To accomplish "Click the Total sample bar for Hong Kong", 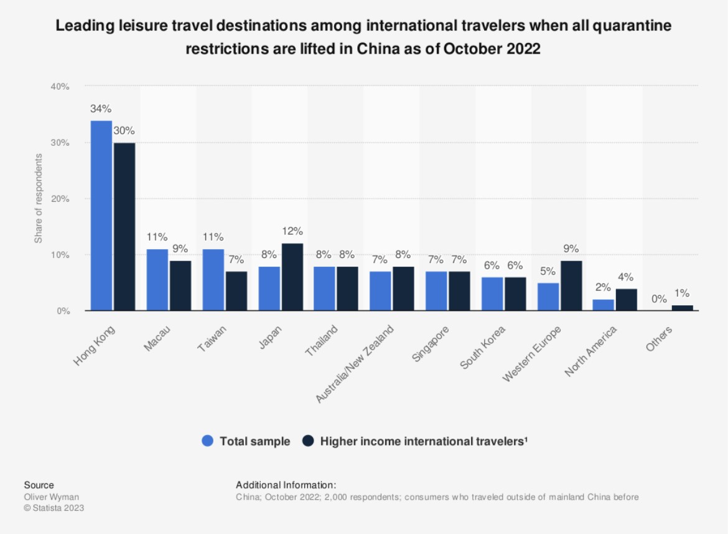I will point(101,216).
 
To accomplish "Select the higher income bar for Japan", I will point(292,277).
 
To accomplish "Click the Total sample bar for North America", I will point(604,305).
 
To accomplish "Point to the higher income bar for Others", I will point(682,308).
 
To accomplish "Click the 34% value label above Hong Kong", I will point(101,108).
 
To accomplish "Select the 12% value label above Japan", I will point(292,231).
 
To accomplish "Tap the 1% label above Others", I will point(683,293).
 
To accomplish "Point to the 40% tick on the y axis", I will point(60,87).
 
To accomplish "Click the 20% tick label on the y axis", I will point(60,199).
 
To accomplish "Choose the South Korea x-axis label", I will point(482,346).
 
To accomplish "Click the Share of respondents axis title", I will point(39,198).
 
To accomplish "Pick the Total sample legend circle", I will point(208,441).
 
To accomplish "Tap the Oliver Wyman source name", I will point(52,497).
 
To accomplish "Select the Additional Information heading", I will point(286,485).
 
